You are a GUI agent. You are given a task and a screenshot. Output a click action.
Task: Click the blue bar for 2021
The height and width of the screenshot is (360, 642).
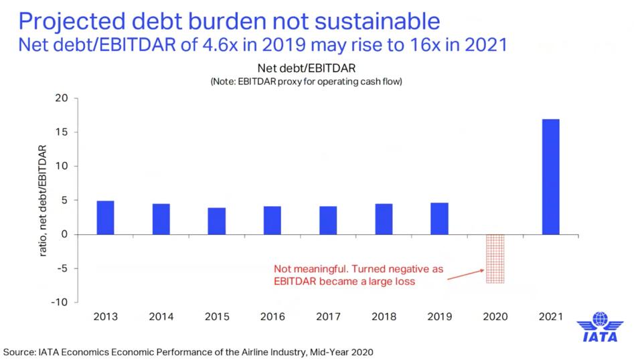(550, 177)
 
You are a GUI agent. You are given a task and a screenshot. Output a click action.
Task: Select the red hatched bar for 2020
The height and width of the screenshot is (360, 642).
(495, 258)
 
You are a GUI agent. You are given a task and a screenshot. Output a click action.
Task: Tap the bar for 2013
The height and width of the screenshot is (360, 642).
(105, 217)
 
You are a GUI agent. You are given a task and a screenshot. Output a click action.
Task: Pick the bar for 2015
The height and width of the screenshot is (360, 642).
(216, 221)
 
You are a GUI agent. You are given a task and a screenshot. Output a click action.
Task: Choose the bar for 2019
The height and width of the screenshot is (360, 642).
(439, 219)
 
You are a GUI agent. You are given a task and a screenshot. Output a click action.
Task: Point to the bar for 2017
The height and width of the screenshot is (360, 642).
(328, 220)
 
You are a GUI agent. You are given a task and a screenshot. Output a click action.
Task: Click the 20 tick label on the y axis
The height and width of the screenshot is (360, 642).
(62, 98)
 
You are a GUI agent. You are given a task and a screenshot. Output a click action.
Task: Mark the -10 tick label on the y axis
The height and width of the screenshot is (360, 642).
(60, 302)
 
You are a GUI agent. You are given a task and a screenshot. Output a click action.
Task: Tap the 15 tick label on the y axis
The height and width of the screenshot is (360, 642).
(62, 132)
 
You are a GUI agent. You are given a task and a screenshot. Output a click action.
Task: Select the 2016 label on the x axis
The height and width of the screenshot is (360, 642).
(272, 315)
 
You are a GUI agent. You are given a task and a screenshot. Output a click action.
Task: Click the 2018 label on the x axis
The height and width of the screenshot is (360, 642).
(384, 315)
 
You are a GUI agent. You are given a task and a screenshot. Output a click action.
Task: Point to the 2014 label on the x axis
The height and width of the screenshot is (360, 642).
(161, 315)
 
